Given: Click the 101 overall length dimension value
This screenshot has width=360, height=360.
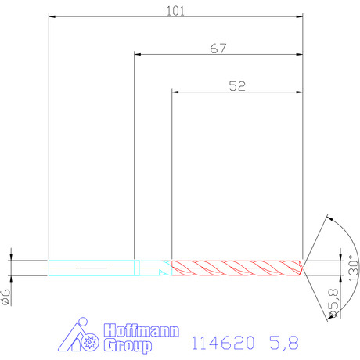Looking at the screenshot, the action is (x=175, y=11).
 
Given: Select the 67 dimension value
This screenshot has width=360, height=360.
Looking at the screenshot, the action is (x=218, y=49).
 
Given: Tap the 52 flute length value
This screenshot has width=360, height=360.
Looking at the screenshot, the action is (x=237, y=86).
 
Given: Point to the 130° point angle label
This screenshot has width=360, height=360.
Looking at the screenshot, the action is (x=353, y=268).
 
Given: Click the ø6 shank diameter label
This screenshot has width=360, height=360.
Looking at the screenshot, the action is (x=5, y=297).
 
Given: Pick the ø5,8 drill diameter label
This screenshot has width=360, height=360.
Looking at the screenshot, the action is (x=333, y=303).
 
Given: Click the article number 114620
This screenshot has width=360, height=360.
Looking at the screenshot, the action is (x=223, y=343).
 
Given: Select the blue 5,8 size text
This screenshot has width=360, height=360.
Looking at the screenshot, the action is (x=284, y=343).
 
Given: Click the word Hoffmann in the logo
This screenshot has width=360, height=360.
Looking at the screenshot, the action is (x=142, y=330).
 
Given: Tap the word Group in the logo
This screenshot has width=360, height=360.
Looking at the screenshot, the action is (x=128, y=346).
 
